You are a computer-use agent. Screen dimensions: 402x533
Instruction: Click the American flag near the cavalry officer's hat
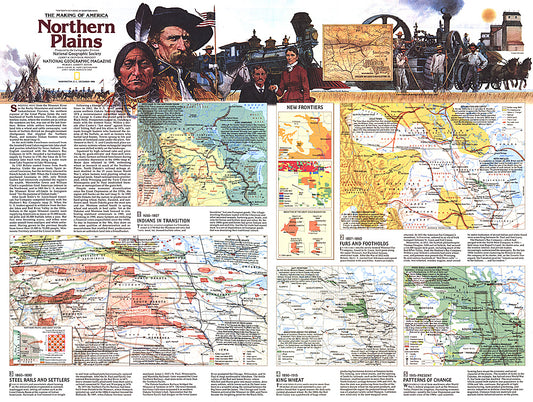(207, 19)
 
